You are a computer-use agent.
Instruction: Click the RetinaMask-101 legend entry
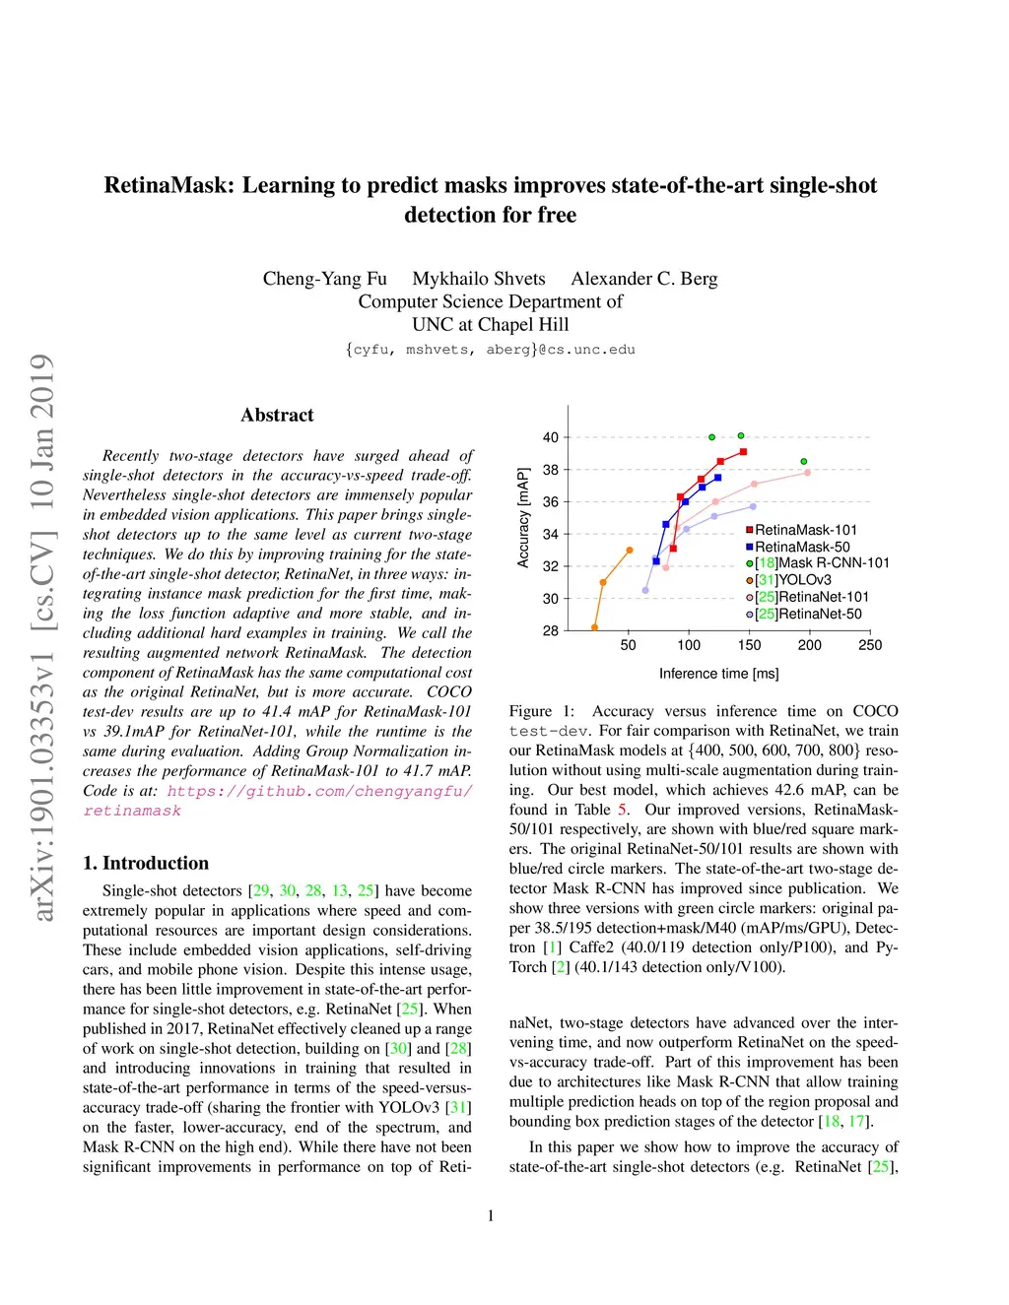click(x=805, y=530)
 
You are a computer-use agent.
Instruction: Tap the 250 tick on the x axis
click(x=870, y=645)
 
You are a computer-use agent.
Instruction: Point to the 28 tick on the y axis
click(x=551, y=630)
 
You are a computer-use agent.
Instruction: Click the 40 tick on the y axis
click(x=551, y=437)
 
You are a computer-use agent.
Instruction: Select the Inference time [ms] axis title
click(x=718, y=674)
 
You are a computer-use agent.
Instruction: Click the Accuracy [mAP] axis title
click(x=523, y=517)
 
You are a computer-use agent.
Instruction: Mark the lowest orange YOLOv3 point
click(x=594, y=627)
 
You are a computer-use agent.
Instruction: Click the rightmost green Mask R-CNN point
click(x=804, y=461)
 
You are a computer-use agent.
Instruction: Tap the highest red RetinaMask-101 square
click(x=743, y=452)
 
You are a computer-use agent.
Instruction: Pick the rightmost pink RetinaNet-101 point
click(x=807, y=473)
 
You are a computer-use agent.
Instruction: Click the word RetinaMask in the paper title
click(x=166, y=185)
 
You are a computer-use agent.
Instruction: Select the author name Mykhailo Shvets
click(x=479, y=279)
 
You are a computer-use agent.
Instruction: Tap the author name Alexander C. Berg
click(x=644, y=279)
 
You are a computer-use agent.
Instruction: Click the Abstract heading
click(x=277, y=416)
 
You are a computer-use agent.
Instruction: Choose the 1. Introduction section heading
click(x=146, y=863)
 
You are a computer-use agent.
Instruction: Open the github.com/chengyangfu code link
click(x=319, y=791)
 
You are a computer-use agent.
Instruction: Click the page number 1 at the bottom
click(x=491, y=1215)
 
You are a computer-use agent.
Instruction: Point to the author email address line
click(x=491, y=350)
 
